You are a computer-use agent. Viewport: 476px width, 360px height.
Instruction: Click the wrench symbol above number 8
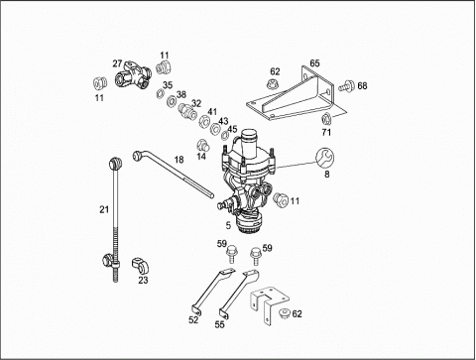pos(324,158)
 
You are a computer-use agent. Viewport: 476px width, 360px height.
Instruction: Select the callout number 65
pos(314,62)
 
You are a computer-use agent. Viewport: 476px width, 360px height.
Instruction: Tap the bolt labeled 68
pos(346,86)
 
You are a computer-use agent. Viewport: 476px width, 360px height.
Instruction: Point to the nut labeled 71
pos(326,118)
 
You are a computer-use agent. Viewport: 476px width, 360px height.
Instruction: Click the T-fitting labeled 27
pos(133,75)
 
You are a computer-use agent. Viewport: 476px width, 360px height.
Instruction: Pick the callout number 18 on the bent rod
pos(178,160)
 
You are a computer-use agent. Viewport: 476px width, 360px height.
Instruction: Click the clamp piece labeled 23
pos(141,266)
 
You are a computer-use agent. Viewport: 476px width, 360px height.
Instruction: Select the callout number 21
pos(104,209)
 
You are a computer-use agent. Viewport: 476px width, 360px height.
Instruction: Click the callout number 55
pos(219,324)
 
